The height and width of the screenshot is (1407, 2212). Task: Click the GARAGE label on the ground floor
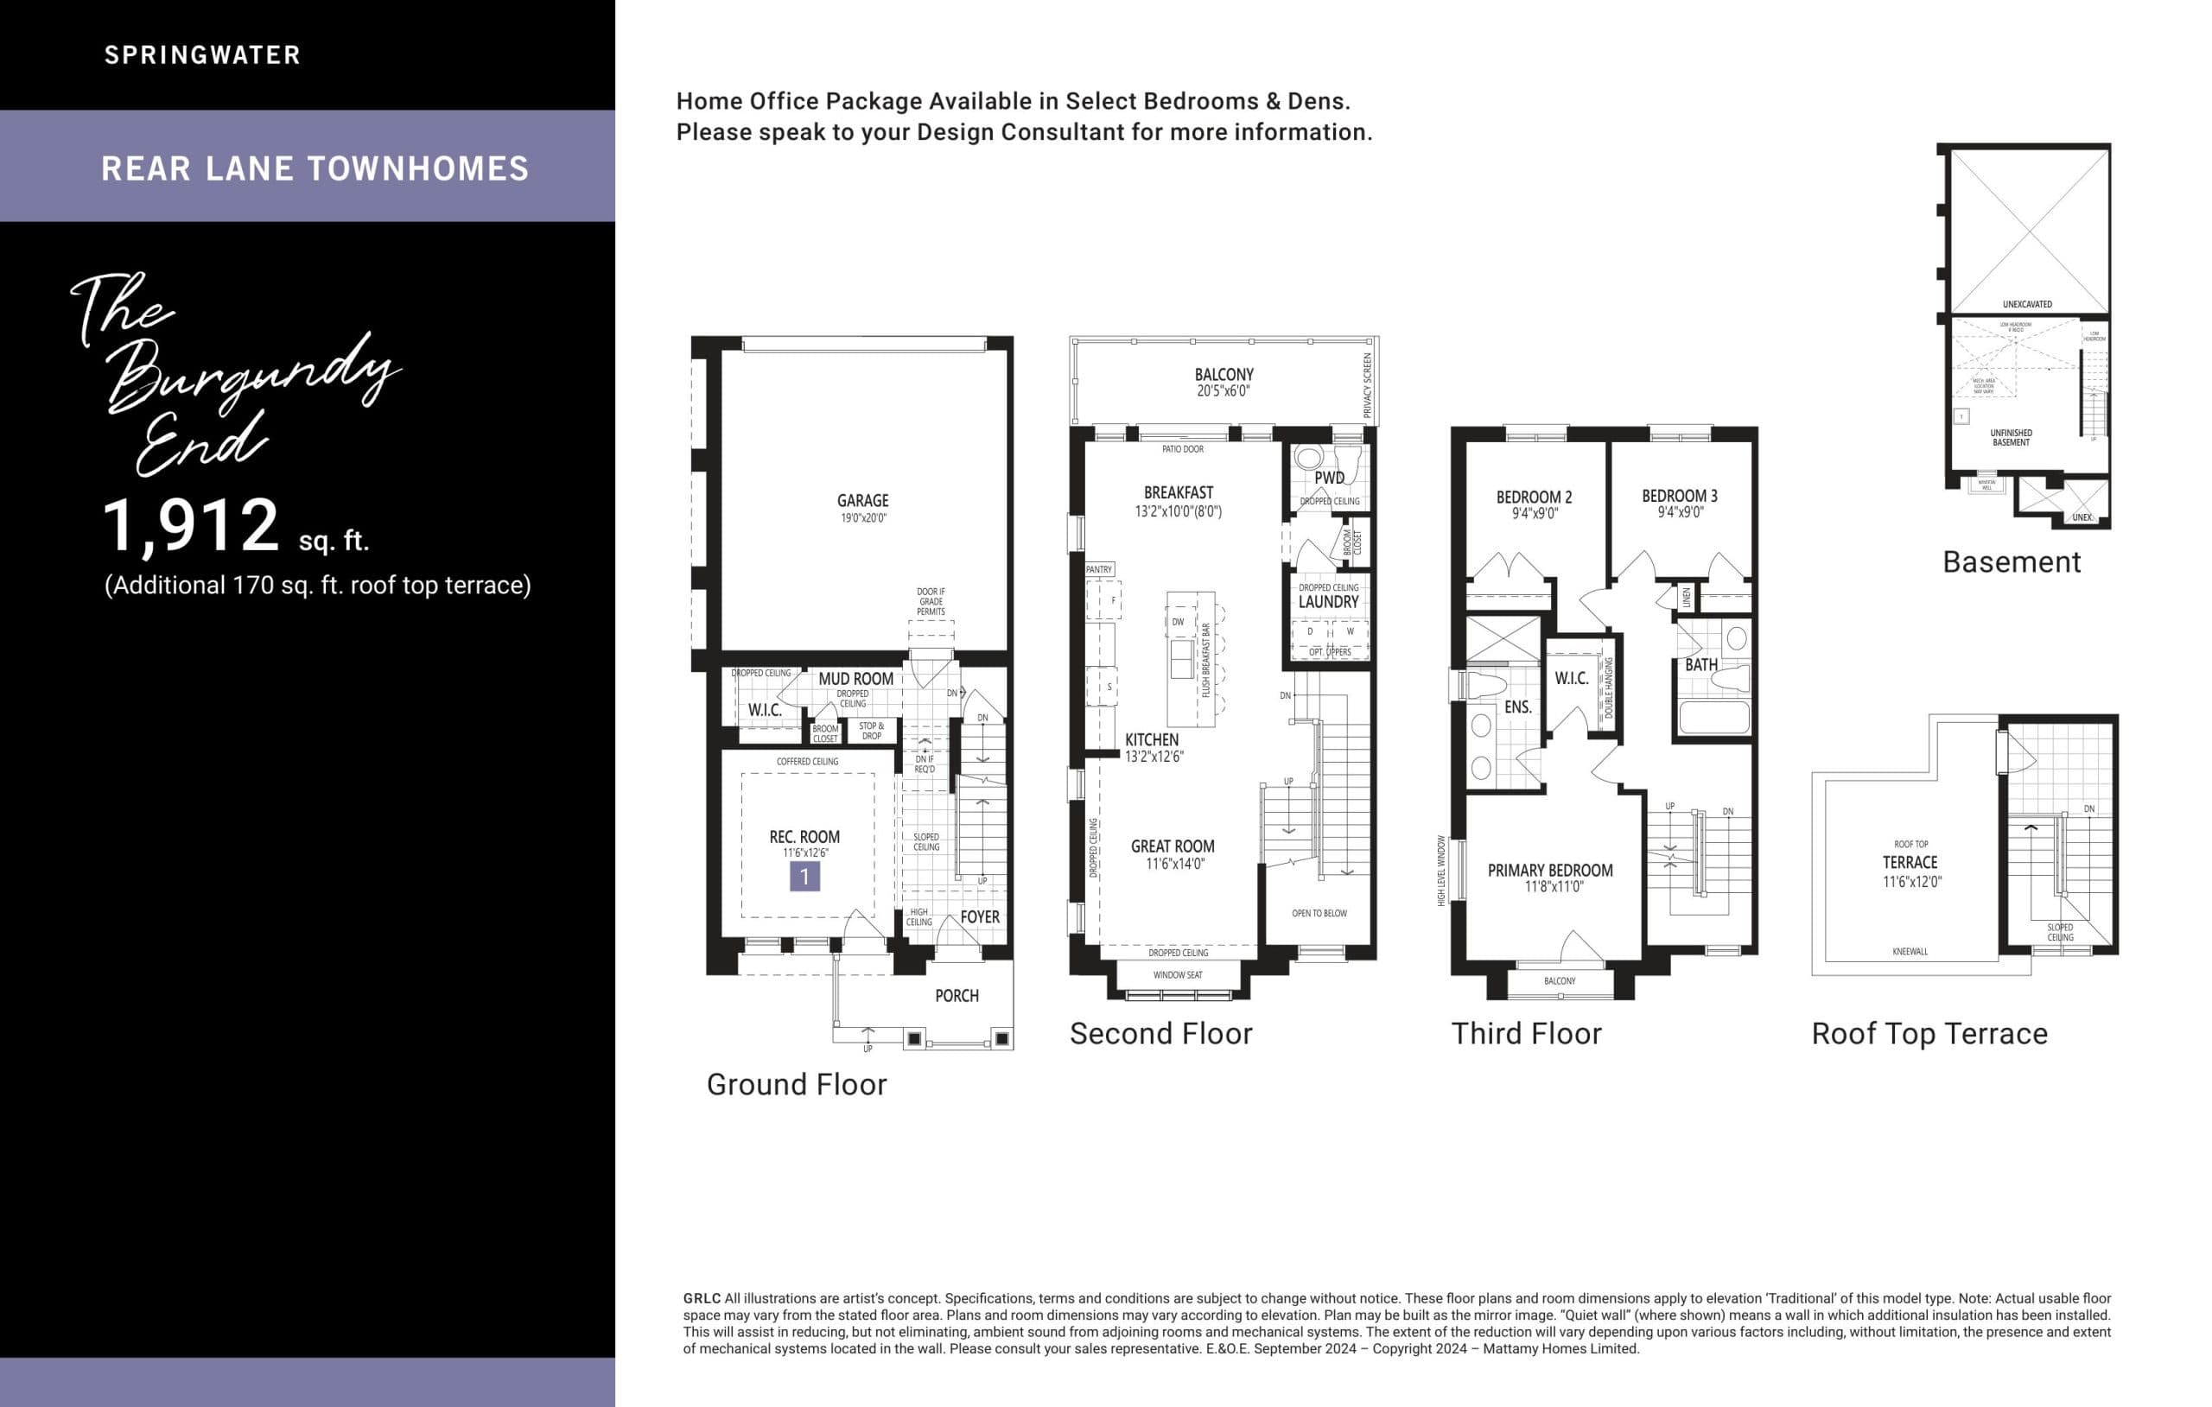861,501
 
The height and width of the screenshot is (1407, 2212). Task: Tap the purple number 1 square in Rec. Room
804,876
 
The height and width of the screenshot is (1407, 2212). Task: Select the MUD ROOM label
855,679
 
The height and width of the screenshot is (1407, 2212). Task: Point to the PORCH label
957,996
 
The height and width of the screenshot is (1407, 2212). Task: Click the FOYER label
979,916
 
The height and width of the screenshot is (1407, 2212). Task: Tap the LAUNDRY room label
1327,601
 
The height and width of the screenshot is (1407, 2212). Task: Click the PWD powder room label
1328,478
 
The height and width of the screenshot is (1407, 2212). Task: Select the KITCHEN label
1151,739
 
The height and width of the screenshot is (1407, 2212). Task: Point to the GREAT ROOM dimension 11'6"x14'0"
1174,864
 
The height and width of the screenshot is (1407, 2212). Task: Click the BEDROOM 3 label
1679,496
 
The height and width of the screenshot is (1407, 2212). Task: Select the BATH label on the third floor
1700,664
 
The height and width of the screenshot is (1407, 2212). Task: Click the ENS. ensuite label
1517,707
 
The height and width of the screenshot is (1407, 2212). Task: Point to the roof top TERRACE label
1910,862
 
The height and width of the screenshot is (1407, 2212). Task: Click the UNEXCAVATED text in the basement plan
2026,304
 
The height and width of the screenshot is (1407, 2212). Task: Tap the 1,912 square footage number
190,525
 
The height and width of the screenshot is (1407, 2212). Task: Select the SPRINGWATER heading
202,55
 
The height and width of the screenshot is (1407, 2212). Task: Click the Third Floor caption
1526,1034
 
